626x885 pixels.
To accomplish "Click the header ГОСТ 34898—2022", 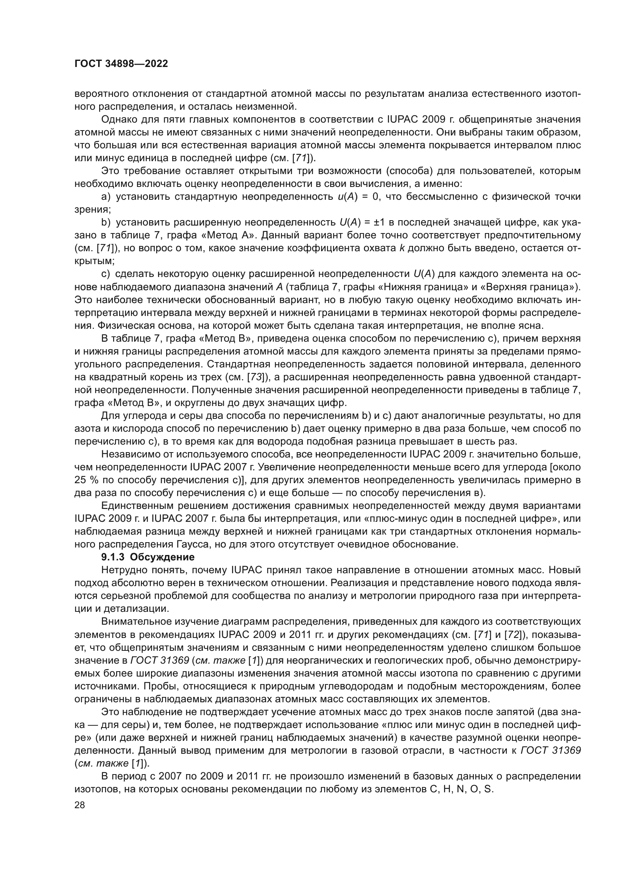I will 121,64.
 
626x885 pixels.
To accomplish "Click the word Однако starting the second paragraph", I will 117,120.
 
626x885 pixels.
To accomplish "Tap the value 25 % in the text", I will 87,480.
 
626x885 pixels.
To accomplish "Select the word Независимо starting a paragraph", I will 128,454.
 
